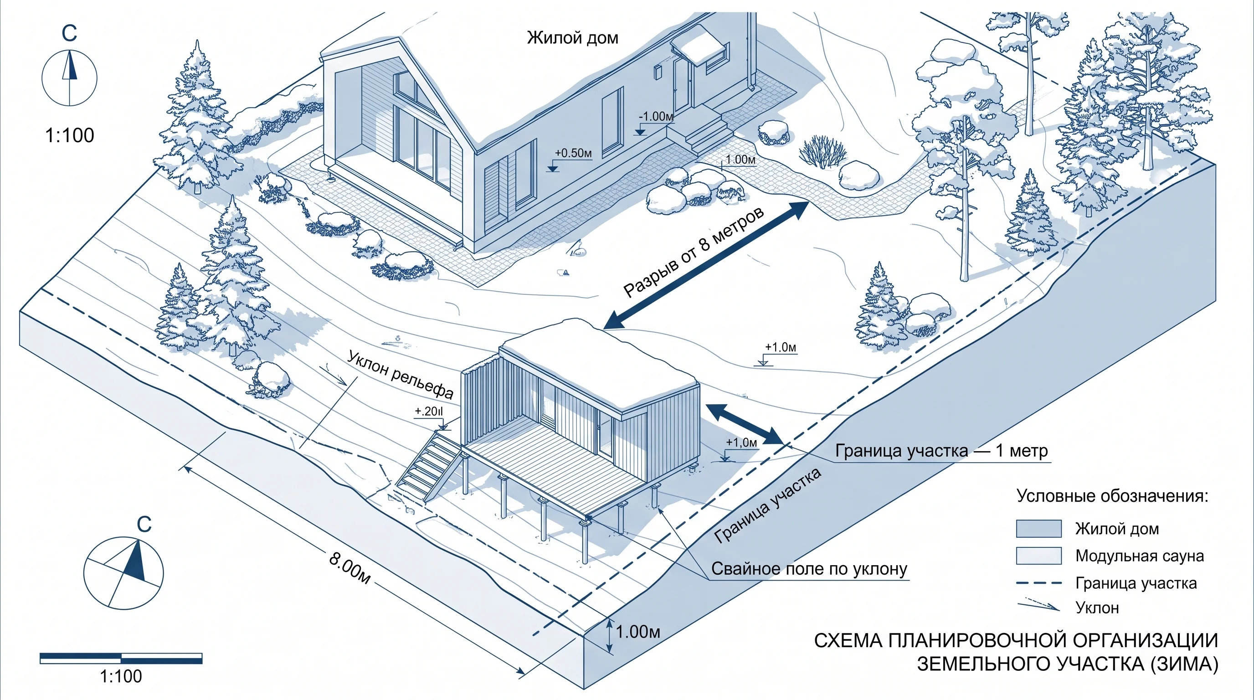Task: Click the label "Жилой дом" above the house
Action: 572,38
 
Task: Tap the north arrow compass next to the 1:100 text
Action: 69,78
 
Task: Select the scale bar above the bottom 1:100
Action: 121,658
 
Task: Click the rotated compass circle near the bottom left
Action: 123,573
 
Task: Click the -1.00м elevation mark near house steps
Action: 656,117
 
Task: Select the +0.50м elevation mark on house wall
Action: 573,153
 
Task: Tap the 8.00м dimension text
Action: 349,567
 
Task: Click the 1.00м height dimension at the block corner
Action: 638,632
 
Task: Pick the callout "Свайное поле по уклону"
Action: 810,569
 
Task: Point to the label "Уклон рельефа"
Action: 400,374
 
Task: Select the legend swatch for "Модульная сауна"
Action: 1038,556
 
